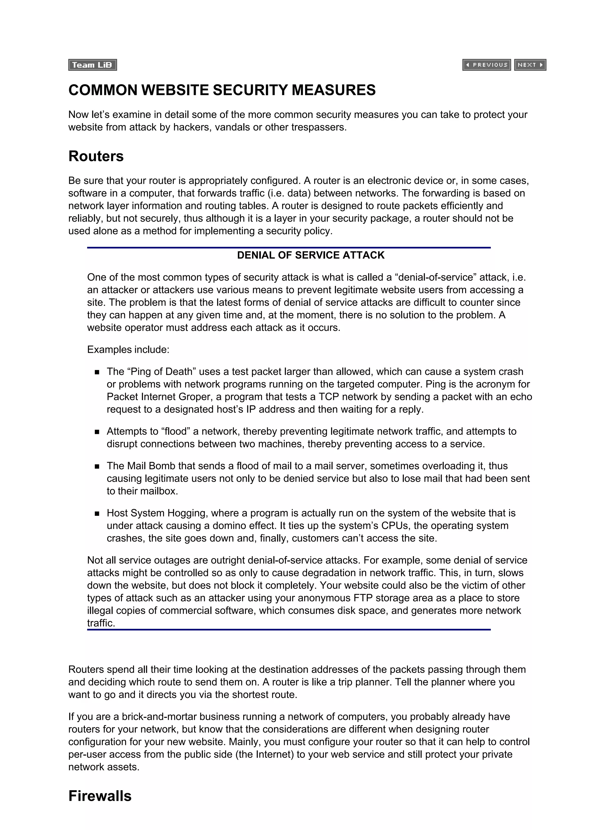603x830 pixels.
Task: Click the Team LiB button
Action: tap(92, 65)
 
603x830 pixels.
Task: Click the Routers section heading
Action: tap(96, 156)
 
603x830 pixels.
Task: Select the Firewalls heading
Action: tap(100, 796)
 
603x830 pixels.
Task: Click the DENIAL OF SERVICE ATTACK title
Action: tap(310, 255)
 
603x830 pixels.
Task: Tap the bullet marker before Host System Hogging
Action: tap(97, 513)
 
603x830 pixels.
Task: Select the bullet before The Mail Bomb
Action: tap(97, 466)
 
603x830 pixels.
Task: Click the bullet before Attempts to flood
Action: tap(97, 432)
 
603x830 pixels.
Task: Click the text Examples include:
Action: tap(128, 350)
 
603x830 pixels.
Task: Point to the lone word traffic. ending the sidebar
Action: tap(101, 622)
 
